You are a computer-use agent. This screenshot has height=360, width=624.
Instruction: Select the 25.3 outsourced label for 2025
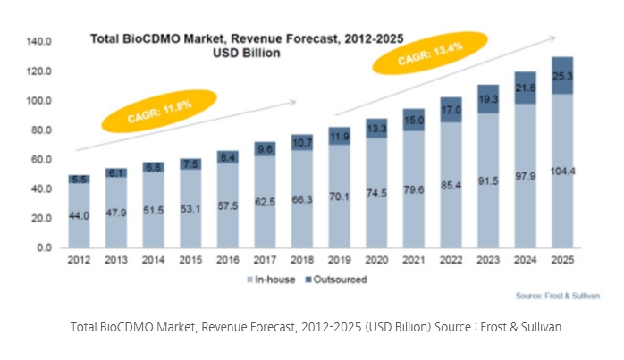click(563, 76)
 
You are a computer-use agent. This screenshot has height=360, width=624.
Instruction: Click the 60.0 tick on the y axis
click(43, 159)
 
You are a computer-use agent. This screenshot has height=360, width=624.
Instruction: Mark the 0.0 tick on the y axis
click(47, 248)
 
